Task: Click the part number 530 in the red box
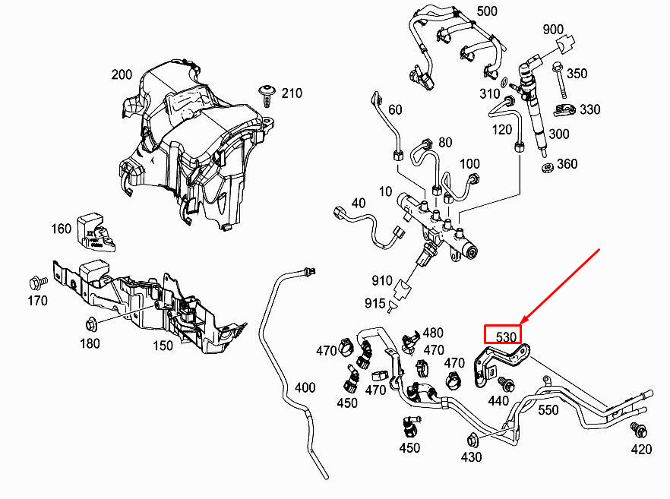click(x=507, y=337)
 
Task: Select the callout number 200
click(x=122, y=74)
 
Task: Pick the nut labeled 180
click(x=90, y=325)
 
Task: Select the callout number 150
click(x=163, y=345)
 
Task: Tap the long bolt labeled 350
click(x=558, y=81)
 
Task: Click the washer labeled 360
click(x=548, y=167)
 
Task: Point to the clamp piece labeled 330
click(x=564, y=110)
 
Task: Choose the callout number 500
click(x=487, y=11)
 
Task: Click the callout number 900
click(x=553, y=29)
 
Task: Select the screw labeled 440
click(x=507, y=384)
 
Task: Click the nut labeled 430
click(x=472, y=440)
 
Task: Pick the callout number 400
click(x=305, y=387)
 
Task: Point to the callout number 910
click(x=382, y=281)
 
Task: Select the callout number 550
click(x=548, y=409)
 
